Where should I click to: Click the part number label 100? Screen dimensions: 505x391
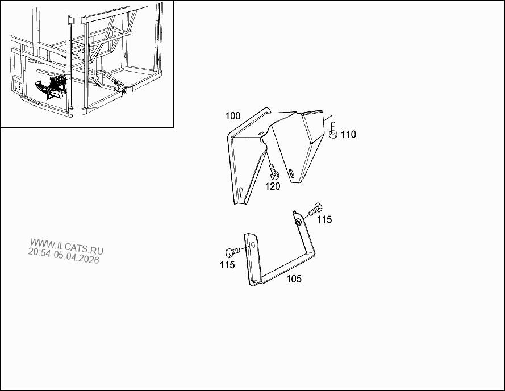point(232,116)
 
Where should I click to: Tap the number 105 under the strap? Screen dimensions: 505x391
point(294,279)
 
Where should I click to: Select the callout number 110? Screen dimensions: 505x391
point(348,135)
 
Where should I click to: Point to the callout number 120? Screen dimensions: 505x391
point(273,186)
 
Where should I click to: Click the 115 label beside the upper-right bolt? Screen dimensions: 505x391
point(324,219)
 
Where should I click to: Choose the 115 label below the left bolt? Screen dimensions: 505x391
point(227,265)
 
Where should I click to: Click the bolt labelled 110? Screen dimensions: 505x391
point(333,131)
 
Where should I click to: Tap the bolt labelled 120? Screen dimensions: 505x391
point(274,172)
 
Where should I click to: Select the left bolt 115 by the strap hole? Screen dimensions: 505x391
point(232,252)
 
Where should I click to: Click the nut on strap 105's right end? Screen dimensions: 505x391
point(298,222)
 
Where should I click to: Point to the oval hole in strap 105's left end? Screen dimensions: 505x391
point(253,244)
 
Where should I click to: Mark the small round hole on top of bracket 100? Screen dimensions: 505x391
point(261,132)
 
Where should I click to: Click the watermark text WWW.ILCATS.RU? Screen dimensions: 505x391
point(66,246)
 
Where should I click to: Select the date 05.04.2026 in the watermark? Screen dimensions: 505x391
point(76,257)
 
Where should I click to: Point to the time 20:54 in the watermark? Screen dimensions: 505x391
point(39,252)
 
